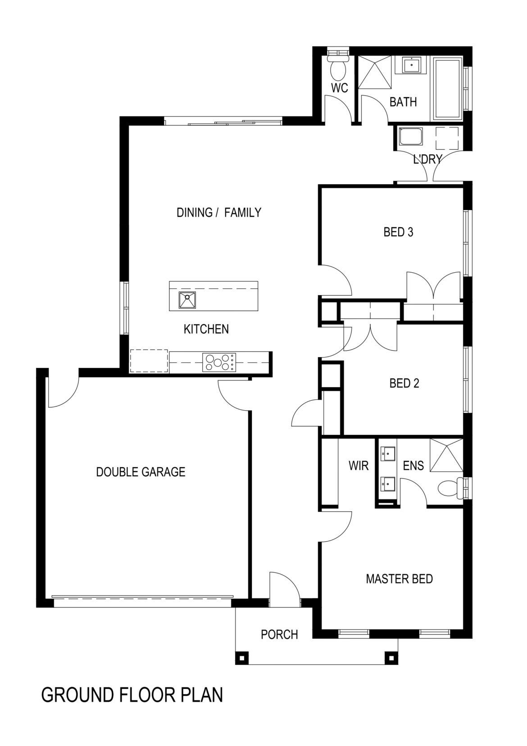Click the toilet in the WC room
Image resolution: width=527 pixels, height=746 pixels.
[338, 68]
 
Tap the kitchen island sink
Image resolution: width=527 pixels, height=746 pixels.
[187, 300]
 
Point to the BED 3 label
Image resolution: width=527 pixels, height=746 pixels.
[398, 232]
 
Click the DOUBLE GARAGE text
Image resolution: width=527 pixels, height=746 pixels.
[141, 472]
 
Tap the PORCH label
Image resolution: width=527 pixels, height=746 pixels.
[279, 635]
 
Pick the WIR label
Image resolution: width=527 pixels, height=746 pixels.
[358, 466]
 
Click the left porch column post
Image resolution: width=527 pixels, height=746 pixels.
[241, 658]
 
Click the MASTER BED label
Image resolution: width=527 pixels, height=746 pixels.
[399, 579]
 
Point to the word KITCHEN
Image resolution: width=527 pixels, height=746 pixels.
[206, 330]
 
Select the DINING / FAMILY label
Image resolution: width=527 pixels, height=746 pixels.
[219, 212]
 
